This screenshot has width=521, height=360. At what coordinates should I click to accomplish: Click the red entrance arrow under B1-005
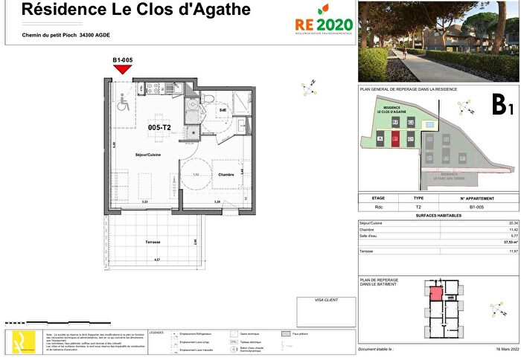pos(123,69)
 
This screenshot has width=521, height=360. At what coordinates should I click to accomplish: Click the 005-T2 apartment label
pos(160,127)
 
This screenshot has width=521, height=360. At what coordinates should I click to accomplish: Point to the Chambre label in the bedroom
pos(226,175)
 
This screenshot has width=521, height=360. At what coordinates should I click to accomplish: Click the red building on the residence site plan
pos(395,138)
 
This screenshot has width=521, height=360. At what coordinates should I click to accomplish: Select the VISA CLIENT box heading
pos(314,301)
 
